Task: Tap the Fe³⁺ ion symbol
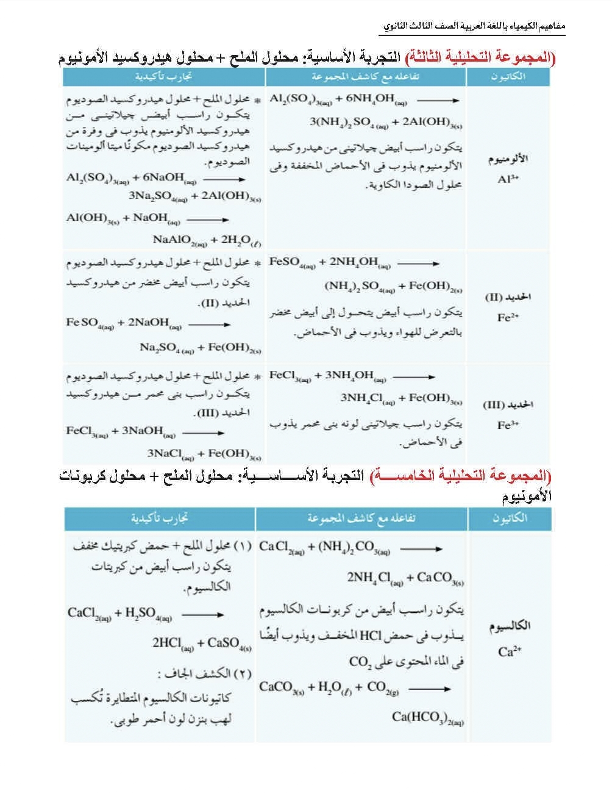507,425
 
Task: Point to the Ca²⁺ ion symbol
510,651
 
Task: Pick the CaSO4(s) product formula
229,643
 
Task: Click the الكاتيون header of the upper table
508,77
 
